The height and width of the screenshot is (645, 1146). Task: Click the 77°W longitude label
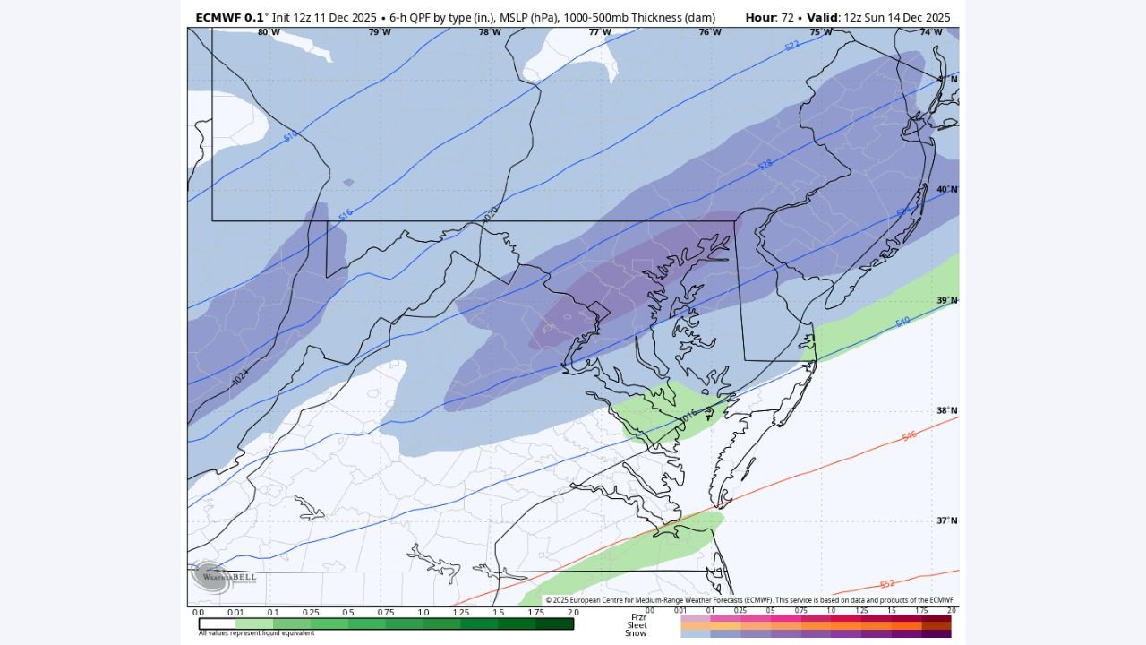600,32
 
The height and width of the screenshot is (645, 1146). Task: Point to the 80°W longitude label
269,32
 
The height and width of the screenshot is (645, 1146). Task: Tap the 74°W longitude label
931,32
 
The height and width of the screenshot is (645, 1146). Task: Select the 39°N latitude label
946,300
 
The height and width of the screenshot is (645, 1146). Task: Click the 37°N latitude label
946,520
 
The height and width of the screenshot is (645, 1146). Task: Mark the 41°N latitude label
946,79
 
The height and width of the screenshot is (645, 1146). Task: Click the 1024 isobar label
240,377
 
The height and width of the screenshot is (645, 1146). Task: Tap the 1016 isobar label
688,416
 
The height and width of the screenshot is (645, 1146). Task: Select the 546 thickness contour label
909,436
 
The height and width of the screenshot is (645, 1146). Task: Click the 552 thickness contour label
886,584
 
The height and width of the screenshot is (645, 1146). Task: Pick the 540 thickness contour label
902,321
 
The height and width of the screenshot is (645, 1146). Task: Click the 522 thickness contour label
791,45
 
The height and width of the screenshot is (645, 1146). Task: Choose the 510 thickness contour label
290,136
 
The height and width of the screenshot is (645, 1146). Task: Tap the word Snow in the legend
636,633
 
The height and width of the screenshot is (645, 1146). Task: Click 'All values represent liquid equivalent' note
256,633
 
